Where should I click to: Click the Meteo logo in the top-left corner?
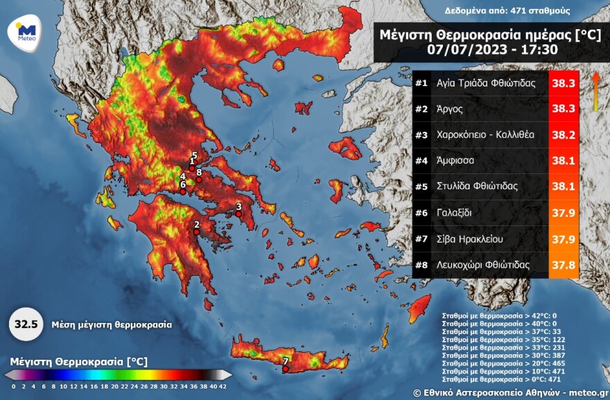pos(26,32)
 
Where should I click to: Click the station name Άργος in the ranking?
pos(449,109)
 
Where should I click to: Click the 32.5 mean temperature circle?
pos(26,324)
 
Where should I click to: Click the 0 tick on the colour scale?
pos(13,386)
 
